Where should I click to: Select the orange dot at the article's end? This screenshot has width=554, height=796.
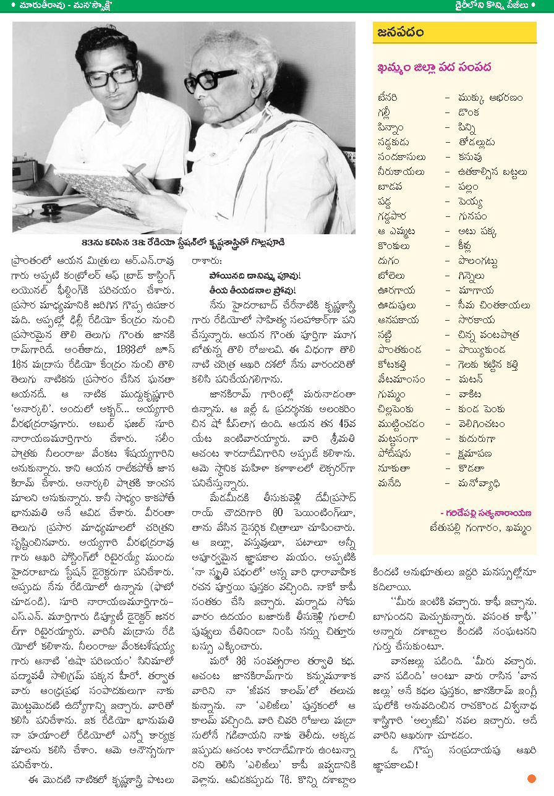[532, 779]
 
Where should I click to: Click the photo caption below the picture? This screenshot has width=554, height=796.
[184, 242]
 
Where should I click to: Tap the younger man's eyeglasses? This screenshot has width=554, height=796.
[111, 75]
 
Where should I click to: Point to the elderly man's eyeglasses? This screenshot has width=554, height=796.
[210, 80]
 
